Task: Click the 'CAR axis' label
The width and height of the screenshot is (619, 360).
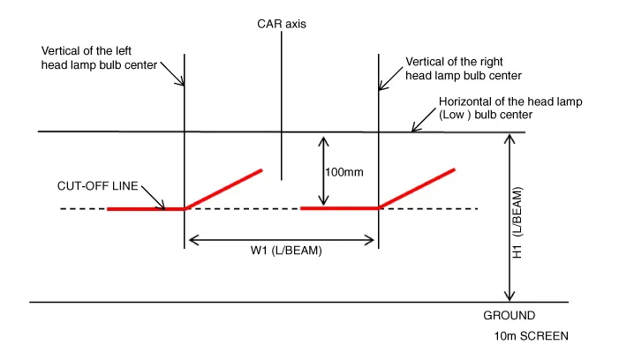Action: click(x=282, y=26)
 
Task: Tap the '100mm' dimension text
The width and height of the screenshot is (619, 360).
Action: click(x=344, y=172)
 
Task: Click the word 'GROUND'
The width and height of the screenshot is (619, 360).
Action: click(x=509, y=315)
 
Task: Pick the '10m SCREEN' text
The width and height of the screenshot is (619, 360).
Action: click(x=532, y=336)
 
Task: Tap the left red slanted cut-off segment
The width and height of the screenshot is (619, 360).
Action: click(x=224, y=189)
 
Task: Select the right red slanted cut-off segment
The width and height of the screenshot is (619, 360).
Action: click(x=417, y=188)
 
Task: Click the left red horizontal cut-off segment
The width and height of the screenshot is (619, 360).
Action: click(x=146, y=209)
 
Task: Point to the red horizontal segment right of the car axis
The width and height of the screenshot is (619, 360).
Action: click(x=340, y=209)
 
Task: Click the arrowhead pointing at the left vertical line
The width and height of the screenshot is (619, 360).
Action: click(x=183, y=83)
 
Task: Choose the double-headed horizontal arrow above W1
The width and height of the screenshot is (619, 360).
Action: click(x=281, y=237)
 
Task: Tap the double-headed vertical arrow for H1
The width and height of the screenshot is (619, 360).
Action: click(x=507, y=218)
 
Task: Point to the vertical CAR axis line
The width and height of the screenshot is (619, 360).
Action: click(x=281, y=106)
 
